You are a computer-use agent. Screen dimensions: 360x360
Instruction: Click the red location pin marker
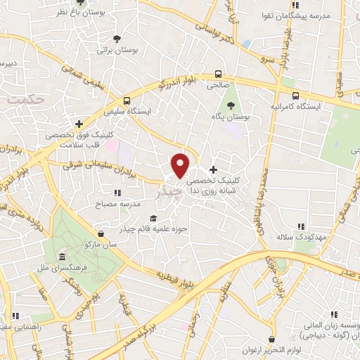[x=181, y=165]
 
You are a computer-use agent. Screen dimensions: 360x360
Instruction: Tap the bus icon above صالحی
[x=218, y=74]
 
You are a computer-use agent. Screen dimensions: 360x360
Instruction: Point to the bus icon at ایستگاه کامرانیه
[x=295, y=96]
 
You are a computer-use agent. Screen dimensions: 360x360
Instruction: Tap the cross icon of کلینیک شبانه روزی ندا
[x=214, y=169]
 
